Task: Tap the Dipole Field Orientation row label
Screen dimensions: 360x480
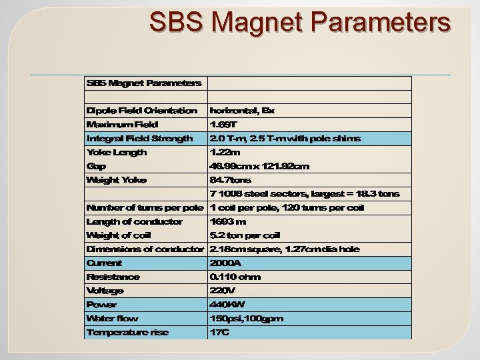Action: pos(141,110)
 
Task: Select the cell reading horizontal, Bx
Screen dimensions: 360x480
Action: pos(241,110)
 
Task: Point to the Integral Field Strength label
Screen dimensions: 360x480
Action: pos(139,138)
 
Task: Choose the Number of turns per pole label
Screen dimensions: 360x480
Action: pos(144,207)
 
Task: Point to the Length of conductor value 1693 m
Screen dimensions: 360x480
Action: pos(228,221)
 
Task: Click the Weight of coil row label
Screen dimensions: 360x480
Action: pos(119,235)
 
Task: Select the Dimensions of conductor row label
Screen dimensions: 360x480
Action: pos(145,249)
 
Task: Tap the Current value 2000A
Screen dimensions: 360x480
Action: pos(225,263)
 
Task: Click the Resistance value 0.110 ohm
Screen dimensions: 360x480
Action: pos(235,277)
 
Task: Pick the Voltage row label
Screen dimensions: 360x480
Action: pos(105,291)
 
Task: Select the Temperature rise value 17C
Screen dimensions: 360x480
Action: pos(219,332)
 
